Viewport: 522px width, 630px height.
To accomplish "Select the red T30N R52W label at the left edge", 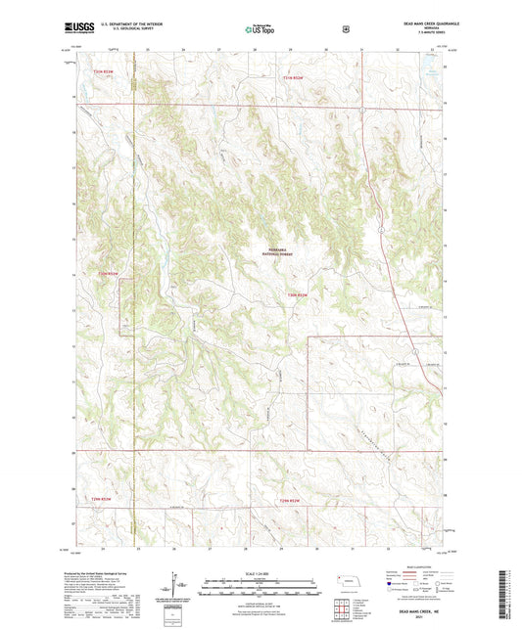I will point(108,273).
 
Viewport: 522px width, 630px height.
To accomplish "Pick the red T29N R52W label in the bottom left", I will point(103,502).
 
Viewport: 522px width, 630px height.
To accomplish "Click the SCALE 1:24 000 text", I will point(261,574).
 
